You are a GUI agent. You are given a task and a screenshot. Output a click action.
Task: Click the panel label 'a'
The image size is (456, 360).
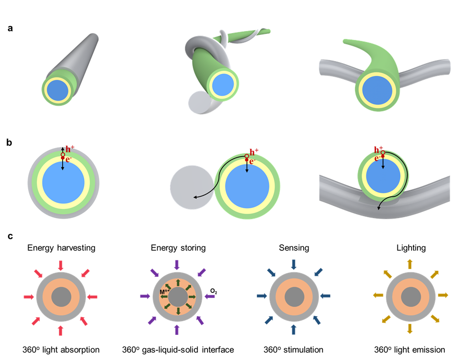[x=10, y=29]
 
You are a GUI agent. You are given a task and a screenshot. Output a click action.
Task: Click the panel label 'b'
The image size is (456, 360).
[x=10, y=143]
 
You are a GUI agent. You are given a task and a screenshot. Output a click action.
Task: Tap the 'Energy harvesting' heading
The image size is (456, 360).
[x=60, y=248]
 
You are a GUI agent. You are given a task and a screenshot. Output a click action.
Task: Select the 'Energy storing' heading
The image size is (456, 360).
[x=177, y=248]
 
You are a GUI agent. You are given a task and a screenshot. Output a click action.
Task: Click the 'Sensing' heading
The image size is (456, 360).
[x=294, y=248]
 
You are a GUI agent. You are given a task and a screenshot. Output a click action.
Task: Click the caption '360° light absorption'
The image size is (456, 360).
[x=60, y=350]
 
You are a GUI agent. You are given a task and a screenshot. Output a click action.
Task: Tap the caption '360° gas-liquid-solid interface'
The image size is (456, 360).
[x=177, y=350]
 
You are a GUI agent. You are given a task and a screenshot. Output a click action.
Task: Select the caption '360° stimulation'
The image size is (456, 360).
[x=294, y=350]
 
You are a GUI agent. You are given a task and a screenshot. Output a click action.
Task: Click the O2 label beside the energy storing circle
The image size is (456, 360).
[x=213, y=291]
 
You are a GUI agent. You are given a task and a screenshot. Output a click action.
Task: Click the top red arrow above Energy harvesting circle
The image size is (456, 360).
[x=61, y=265]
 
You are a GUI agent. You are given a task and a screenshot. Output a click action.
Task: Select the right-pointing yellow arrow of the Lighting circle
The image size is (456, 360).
[x=443, y=295]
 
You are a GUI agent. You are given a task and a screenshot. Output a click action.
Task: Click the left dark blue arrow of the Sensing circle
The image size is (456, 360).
[x=262, y=296]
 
